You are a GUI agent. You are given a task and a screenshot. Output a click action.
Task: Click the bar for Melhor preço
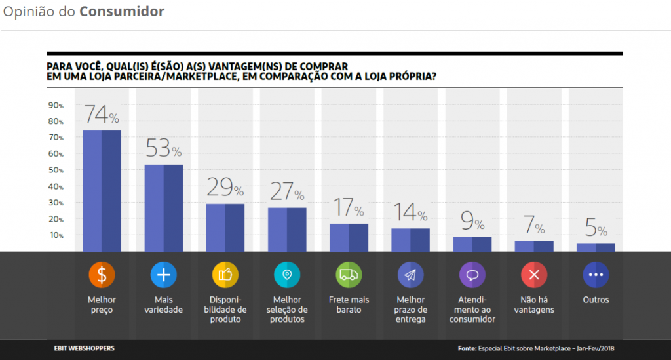point(102,190)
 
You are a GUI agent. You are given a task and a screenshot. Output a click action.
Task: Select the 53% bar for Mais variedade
point(163,207)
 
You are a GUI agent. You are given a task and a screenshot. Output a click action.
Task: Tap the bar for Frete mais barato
point(349,237)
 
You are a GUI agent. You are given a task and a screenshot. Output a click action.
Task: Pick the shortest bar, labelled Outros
point(596,247)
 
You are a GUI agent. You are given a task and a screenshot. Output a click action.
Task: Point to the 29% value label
point(225,188)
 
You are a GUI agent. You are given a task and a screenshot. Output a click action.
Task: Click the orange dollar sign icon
point(102,275)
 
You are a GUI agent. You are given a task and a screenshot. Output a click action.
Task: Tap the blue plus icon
point(163,275)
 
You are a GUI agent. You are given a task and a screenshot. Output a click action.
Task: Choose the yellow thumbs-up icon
point(225,275)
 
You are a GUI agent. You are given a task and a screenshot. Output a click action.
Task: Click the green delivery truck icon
point(349,275)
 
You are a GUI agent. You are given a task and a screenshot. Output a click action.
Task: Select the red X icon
point(534,275)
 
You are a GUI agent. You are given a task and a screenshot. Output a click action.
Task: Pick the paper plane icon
point(411,275)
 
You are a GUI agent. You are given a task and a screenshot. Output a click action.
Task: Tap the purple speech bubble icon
point(472,275)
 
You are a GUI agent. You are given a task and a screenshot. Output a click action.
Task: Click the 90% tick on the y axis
point(56,106)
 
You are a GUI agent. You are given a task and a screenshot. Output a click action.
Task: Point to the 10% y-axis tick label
point(56,235)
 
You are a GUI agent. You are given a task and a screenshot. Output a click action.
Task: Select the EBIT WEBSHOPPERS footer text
point(84,348)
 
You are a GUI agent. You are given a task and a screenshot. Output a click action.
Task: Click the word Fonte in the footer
point(467,348)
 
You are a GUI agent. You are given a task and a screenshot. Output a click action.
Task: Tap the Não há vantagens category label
point(533,305)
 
